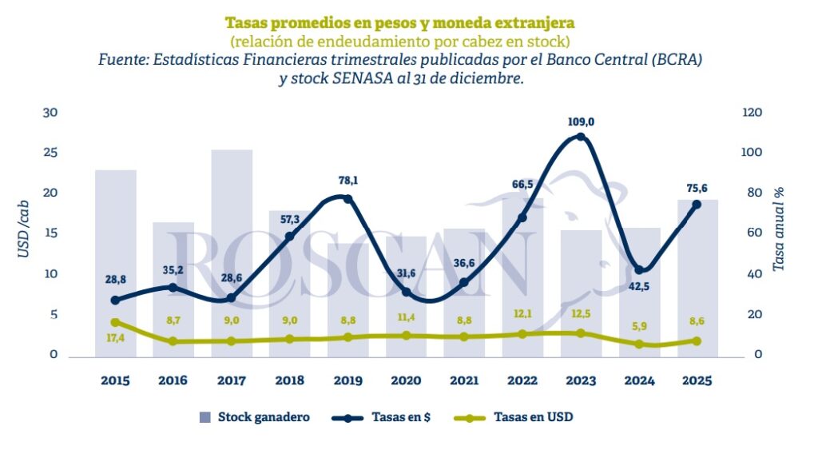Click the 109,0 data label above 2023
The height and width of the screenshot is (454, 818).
coord(581,122)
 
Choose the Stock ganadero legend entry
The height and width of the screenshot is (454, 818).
coord(254,416)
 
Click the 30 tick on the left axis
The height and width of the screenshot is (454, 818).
coord(51,113)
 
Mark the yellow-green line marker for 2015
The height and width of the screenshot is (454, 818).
coord(116,322)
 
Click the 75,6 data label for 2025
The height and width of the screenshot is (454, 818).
coord(697,189)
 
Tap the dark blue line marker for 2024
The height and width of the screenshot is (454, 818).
coord(638,269)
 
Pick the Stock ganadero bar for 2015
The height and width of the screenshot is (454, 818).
coord(116,264)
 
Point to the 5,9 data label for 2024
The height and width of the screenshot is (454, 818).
coord(638,326)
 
